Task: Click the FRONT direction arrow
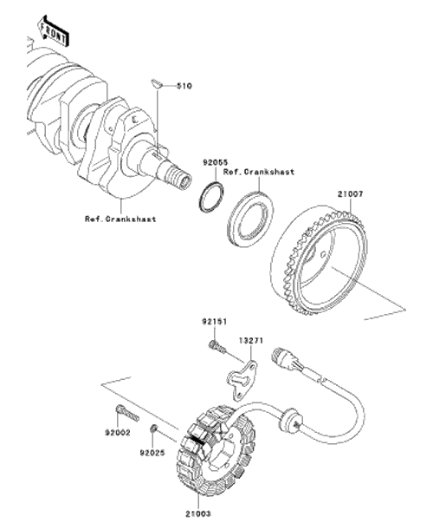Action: pyautogui.click(x=54, y=30)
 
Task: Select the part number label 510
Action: pyautogui.click(x=184, y=86)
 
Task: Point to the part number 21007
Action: pyautogui.click(x=351, y=194)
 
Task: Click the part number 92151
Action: pyautogui.click(x=215, y=322)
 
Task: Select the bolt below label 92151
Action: pyautogui.click(x=217, y=347)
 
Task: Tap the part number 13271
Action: pyautogui.click(x=251, y=340)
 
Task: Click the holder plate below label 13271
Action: pyautogui.click(x=243, y=381)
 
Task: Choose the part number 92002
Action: pyautogui.click(x=118, y=433)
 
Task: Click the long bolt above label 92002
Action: pyautogui.click(x=127, y=413)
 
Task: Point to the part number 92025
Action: pyautogui.click(x=152, y=452)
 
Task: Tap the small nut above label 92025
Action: pyautogui.click(x=153, y=429)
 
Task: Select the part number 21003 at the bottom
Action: pyautogui.click(x=198, y=514)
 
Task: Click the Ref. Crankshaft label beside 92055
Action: pyautogui.click(x=259, y=172)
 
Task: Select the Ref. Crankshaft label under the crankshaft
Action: pyautogui.click(x=120, y=219)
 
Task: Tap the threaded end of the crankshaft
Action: pyautogui.click(x=179, y=176)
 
